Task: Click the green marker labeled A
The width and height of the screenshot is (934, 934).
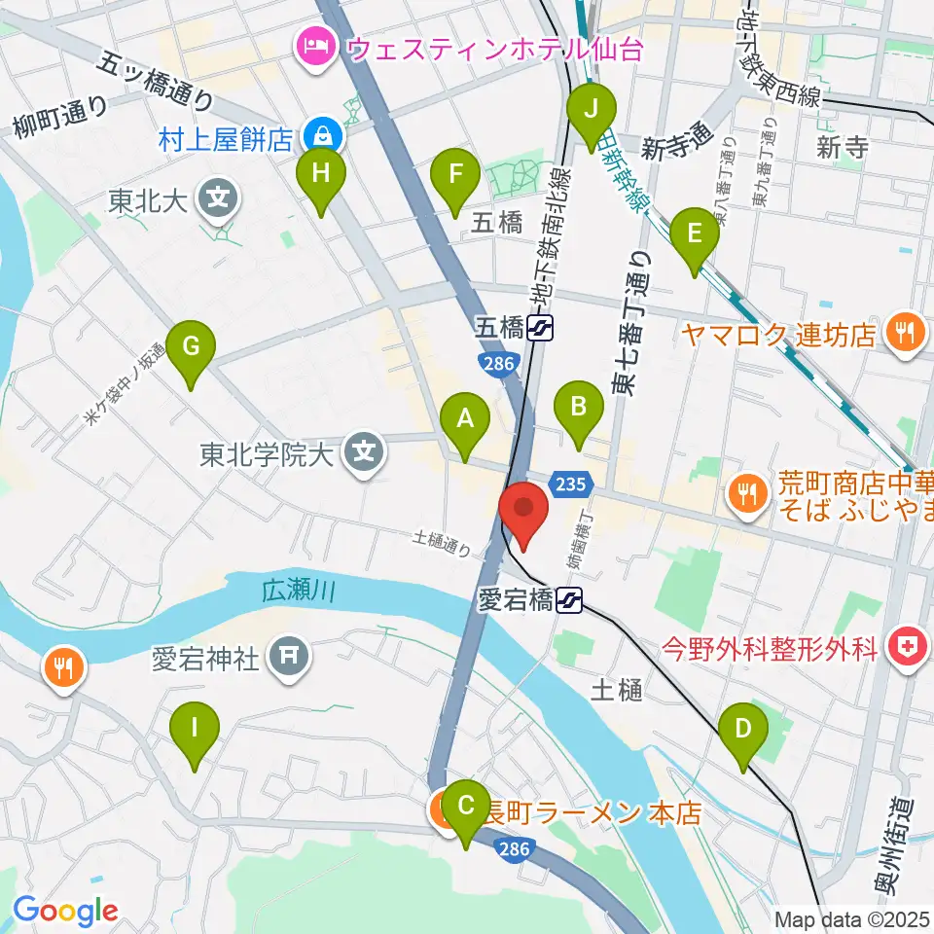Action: pyautogui.click(x=465, y=420)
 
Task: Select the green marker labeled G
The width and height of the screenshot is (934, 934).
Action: pyautogui.click(x=191, y=348)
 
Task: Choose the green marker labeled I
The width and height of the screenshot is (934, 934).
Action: pyautogui.click(x=195, y=729)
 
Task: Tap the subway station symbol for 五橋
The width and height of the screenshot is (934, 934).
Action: pyautogui.click(x=541, y=328)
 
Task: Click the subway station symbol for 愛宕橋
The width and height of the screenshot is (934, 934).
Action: pyautogui.click(x=570, y=602)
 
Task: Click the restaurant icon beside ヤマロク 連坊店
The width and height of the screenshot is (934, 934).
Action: pyautogui.click(x=905, y=333)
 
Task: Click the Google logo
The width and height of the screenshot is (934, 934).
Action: pyautogui.click(x=65, y=912)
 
